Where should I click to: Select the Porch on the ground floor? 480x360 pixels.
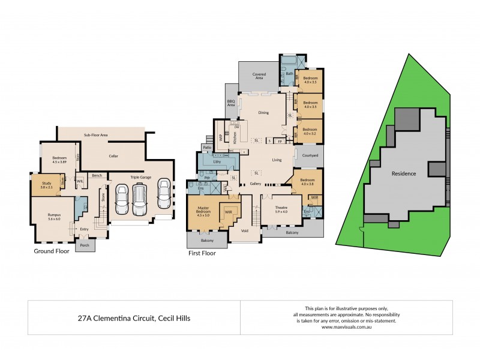click(84, 244)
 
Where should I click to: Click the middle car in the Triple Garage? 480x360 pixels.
click(139, 199)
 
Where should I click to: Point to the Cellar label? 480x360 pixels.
click(113, 156)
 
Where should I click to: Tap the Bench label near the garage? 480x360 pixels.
click(96, 175)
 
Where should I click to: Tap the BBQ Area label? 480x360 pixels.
click(231, 103)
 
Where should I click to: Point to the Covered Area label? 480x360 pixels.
click(259, 76)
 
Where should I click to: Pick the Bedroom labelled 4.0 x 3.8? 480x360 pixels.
click(307, 181)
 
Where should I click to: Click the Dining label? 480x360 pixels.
click(263, 113)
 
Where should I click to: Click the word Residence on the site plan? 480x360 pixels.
click(404, 173)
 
